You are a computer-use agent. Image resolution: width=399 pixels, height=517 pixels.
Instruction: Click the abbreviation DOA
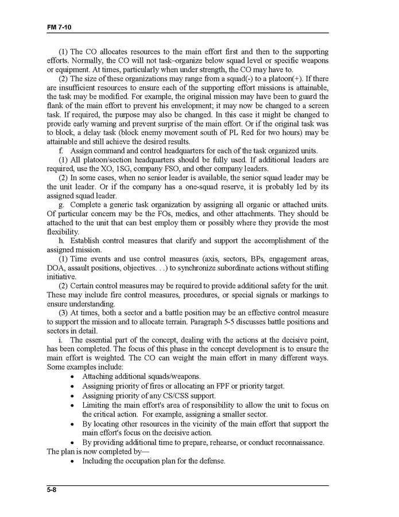[x=57, y=267]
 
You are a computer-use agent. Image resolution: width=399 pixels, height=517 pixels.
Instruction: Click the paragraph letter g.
[x=61, y=205]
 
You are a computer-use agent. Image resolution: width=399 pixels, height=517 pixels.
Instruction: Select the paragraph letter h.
[x=61, y=240]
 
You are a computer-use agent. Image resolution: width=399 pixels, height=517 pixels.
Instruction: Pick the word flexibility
[x=63, y=232]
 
